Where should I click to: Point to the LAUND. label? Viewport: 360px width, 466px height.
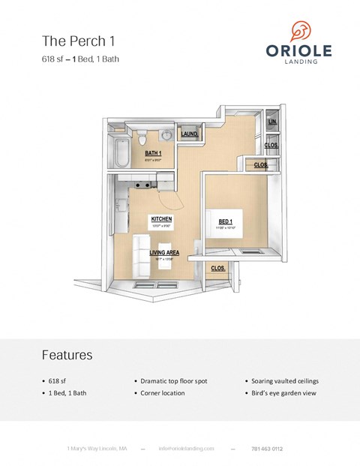(x=189, y=135)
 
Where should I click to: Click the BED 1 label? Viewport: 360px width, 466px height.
(x=225, y=221)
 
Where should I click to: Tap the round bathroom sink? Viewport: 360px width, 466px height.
(x=166, y=135)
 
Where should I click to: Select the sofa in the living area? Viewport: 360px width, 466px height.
(x=141, y=257)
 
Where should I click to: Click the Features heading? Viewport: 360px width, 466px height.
(x=67, y=354)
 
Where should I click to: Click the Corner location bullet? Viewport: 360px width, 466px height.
(x=162, y=393)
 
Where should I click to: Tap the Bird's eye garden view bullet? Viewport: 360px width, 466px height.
(x=277, y=393)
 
